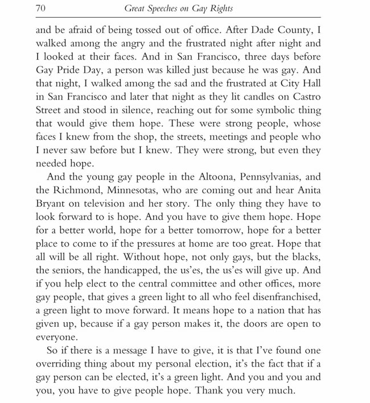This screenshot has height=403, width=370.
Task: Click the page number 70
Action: click(40, 9)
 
